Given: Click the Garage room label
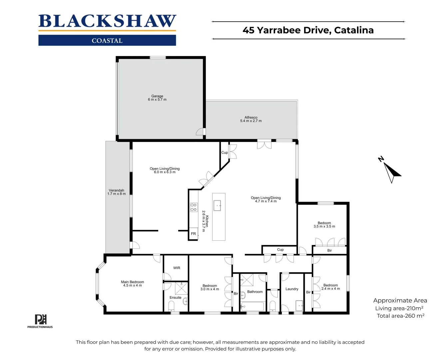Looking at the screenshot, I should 157,96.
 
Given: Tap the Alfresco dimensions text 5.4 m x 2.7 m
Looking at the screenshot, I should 251,121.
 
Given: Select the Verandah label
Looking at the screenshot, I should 116,190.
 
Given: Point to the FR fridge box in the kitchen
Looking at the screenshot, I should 193,234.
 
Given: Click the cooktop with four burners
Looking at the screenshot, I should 194,207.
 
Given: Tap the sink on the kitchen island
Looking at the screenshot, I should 217,205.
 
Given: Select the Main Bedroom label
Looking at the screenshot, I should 133,282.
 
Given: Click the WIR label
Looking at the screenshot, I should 177,268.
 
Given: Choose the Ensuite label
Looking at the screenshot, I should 176,298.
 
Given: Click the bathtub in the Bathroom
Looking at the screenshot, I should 252,306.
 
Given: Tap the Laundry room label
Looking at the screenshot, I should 292,289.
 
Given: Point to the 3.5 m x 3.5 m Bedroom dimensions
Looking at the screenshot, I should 324,227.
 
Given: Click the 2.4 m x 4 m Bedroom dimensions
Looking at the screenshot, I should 330,289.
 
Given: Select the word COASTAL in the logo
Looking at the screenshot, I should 107,41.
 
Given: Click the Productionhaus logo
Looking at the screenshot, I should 40,321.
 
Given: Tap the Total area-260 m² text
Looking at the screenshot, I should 400,316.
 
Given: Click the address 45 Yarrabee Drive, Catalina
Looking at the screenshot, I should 308,30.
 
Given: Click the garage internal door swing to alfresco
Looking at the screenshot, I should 200,132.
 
